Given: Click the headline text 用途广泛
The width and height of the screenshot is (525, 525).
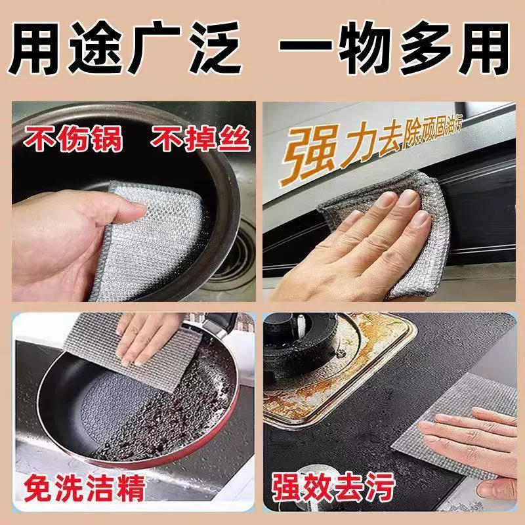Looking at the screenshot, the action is (125, 47).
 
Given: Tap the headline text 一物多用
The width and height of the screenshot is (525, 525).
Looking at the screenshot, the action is (394, 47).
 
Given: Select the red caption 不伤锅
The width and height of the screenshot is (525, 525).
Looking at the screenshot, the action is (73, 138).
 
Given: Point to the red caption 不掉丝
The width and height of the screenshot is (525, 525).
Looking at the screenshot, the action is (200, 138).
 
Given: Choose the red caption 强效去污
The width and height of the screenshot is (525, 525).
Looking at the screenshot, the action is (333, 487).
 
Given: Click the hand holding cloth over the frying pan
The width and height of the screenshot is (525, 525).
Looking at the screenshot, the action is (147, 338).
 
